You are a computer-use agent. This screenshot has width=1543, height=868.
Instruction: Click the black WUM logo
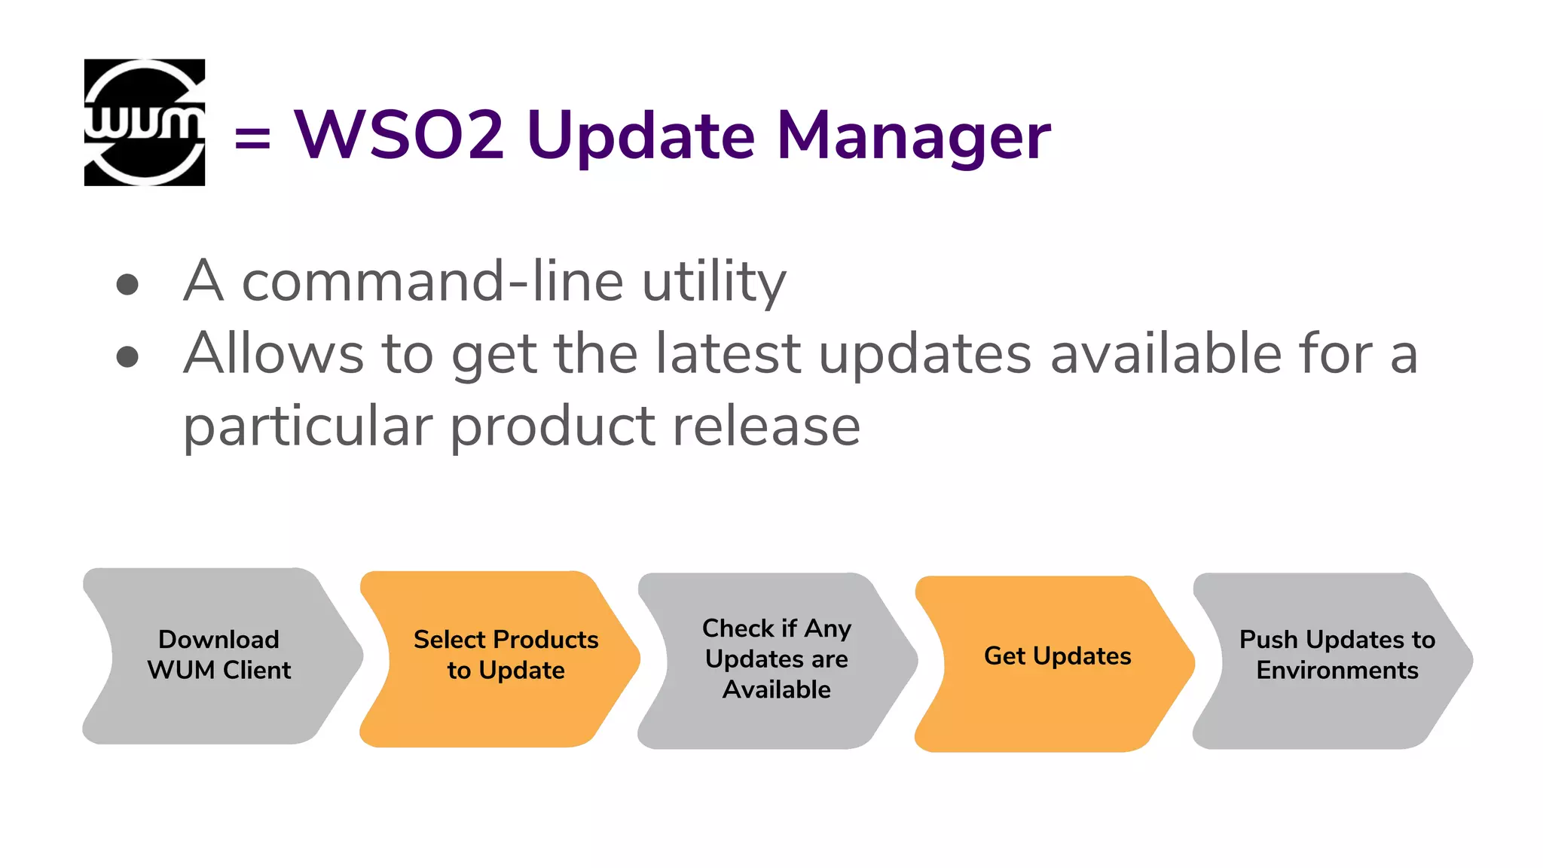[145, 122]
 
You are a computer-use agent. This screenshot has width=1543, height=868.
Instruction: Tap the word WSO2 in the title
[399, 136]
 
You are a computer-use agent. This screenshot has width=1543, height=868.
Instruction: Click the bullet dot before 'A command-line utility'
[127, 284]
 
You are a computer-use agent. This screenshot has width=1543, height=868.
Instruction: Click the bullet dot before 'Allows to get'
[127, 356]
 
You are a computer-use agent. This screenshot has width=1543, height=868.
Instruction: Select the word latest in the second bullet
[728, 353]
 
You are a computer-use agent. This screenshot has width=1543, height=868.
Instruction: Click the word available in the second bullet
[1166, 353]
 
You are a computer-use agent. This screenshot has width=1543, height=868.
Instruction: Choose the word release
[766, 426]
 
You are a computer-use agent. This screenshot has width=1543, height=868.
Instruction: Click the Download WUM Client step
[219, 656]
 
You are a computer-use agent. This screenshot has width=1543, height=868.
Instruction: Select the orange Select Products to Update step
[506, 656]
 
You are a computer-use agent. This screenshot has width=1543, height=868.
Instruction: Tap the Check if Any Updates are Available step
[777, 659]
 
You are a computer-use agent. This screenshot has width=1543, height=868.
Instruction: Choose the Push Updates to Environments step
[1337, 656]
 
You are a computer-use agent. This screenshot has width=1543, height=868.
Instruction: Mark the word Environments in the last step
[1337, 671]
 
